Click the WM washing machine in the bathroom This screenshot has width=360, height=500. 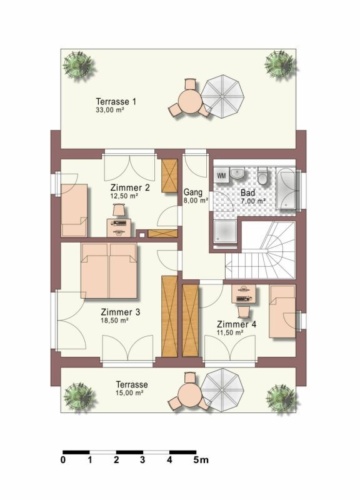coord(221,175)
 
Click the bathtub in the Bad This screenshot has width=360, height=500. coord(286,188)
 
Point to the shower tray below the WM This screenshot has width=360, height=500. coord(226,231)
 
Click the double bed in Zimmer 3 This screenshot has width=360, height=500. coord(109,271)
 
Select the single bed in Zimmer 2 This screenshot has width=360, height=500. coord(74,210)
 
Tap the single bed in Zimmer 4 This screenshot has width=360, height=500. coord(282,311)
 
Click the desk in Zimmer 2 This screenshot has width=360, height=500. coord(119,227)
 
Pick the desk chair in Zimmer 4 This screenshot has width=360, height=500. coord(243,311)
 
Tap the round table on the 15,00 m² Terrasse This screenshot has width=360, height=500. coord(189,394)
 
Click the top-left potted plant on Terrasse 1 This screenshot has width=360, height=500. coord(77,66)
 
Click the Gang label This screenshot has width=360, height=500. coord(193,192)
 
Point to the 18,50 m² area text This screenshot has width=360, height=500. coord(114,321)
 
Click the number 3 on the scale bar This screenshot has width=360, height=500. coord(142,460)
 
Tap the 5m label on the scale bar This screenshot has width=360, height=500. coord(201,460)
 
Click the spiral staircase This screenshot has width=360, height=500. coord(260,251)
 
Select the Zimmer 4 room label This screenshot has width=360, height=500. coord(236,324)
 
